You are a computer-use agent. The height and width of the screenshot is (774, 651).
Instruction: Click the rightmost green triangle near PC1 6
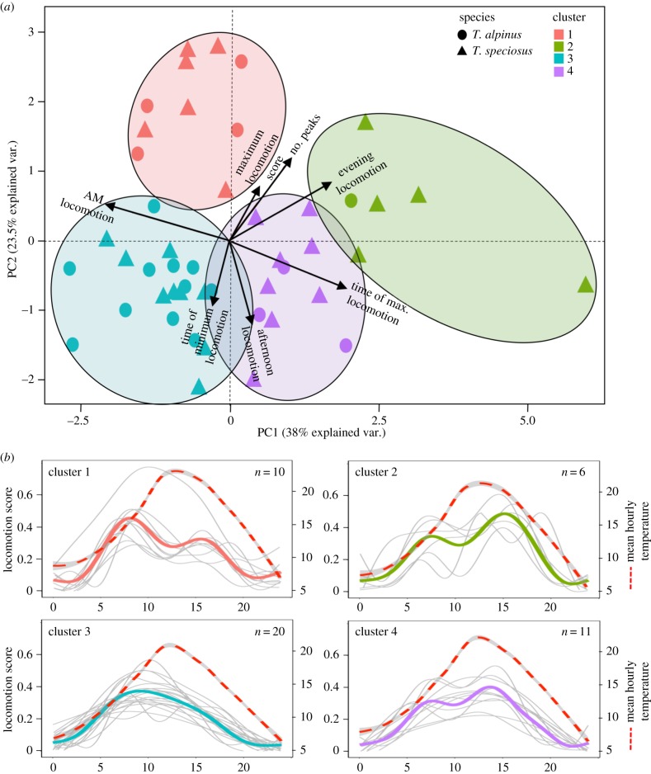pos(585,285)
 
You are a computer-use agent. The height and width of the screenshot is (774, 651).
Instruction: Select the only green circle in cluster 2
pos(351,201)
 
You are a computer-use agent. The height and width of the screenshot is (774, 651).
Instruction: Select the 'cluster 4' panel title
pos(377,633)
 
